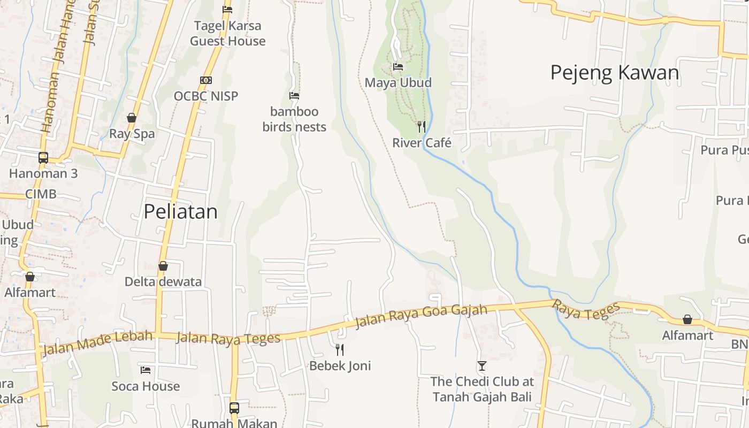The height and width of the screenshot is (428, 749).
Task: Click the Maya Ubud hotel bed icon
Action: point(398,67)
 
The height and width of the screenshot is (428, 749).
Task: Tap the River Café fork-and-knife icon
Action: point(422,127)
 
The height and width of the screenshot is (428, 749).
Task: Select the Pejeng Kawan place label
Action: point(615,73)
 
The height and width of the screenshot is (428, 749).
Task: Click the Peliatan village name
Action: point(181,212)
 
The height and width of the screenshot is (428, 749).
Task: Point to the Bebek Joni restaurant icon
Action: point(340,350)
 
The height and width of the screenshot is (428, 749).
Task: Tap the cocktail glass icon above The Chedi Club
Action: point(482,366)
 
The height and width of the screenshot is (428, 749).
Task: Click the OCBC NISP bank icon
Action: point(206,80)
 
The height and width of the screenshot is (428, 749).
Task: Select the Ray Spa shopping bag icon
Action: point(132,118)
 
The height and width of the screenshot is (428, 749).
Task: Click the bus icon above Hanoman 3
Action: point(43,158)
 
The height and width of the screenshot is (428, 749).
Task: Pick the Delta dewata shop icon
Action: point(163,266)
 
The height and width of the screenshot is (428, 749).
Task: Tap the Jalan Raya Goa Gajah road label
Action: point(422,316)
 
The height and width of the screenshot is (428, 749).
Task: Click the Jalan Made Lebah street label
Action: point(96,342)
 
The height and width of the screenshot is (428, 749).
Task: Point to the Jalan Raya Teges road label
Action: point(228,338)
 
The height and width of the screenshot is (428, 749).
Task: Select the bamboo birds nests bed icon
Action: point(294,96)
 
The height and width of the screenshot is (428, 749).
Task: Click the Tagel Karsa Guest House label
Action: point(228,33)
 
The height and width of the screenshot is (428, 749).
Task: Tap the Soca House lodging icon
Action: point(146,370)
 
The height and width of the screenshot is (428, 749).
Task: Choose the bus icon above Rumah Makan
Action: point(234,408)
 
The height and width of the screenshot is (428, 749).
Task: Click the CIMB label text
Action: point(41,194)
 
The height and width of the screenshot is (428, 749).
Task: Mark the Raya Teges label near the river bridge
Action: point(586,310)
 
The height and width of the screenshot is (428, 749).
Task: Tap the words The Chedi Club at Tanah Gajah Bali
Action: point(482,389)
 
